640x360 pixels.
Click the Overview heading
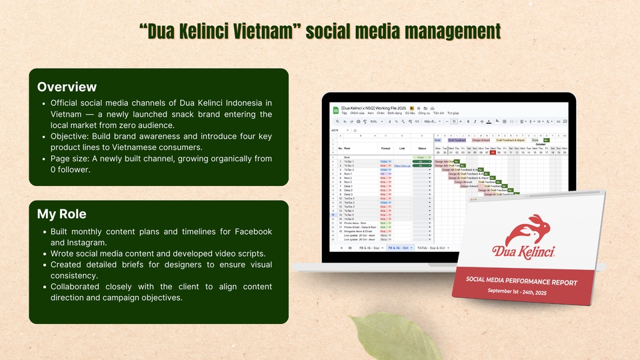pos(67,87)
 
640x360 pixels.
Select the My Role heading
pos(63,214)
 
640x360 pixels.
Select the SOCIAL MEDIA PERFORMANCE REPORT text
pos(521,282)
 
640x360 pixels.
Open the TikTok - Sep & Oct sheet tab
pos(434,247)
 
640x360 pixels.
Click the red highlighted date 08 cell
pos(493,152)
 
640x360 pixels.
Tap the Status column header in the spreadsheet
pos(421,148)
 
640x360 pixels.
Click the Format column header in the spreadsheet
pos(385,148)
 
